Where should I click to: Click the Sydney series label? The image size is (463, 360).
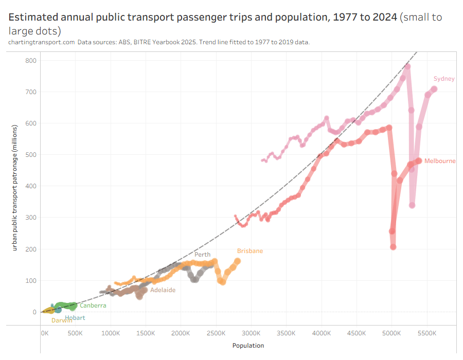(x=444, y=79)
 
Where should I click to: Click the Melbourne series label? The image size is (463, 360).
(x=440, y=161)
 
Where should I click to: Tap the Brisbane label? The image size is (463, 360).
(x=250, y=251)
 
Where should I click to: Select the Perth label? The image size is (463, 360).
(x=202, y=255)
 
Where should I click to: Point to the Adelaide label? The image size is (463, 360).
(x=163, y=290)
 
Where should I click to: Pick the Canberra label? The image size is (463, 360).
(x=93, y=305)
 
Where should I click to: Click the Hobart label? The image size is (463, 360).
(x=75, y=318)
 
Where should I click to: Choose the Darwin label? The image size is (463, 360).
(x=62, y=320)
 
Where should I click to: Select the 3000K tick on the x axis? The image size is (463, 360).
(x=252, y=333)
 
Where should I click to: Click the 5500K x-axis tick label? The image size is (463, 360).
(x=427, y=333)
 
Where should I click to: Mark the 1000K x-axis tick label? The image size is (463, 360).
(x=111, y=333)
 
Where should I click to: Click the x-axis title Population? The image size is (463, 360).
(x=248, y=346)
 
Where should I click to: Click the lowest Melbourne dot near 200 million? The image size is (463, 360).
(x=393, y=247)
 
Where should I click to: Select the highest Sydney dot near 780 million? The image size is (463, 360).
(x=407, y=66)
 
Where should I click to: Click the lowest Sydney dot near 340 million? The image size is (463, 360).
(x=412, y=205)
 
